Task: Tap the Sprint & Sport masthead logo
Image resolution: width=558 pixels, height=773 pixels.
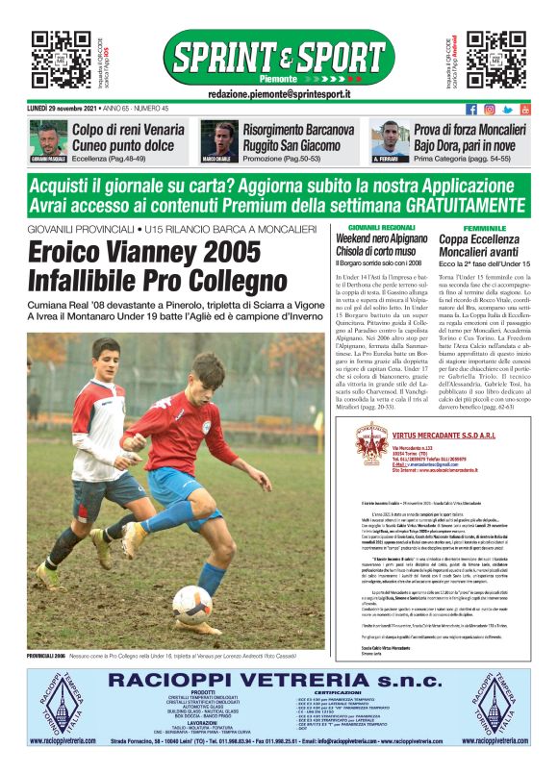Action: click(x=279, y=57)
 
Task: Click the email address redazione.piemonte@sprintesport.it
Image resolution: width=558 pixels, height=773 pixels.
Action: click(x=279, y=94)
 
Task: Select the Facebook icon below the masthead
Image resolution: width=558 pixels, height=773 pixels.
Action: click(x=471, y=109)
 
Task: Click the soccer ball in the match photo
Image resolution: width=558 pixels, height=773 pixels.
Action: click(x=191, y=605)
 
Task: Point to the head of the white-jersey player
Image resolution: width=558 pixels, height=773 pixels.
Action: click(x=92, y=363)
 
